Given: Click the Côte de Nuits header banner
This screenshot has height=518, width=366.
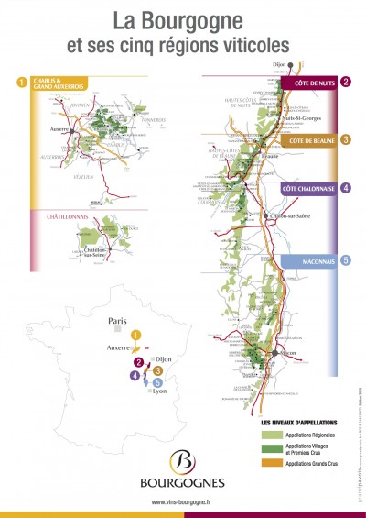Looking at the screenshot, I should coord(314,83).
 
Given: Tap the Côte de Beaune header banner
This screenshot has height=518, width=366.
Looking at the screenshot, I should coord(314,141).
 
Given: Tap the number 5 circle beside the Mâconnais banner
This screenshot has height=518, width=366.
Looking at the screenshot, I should coord(345,260).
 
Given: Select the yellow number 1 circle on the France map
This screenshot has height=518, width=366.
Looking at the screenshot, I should coord(136,336).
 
